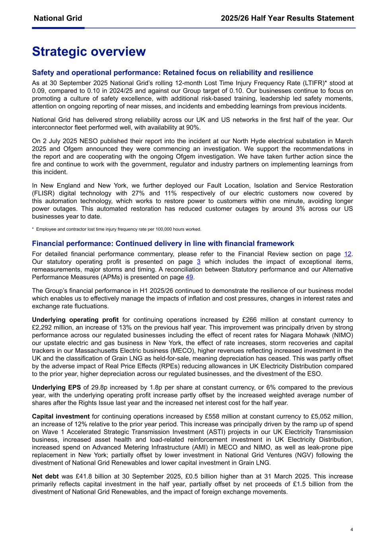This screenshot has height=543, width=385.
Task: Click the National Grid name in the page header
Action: tap(58, 18)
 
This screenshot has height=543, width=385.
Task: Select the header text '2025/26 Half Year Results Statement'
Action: tap(287, 18)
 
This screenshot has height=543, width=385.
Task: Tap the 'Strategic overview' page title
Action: tap(89, 52)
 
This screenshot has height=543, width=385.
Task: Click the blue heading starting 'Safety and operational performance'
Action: tap(172, 72)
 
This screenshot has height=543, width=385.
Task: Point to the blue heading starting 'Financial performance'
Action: tap(163, 243)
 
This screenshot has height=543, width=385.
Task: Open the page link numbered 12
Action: tap(348, 254)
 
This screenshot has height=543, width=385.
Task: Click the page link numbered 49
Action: tap(189, 277)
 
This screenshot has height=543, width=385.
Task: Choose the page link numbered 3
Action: tap(198, 262)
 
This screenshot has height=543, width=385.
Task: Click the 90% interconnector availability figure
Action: tap(193, 127)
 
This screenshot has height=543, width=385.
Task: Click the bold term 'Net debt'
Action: tap(45, 477)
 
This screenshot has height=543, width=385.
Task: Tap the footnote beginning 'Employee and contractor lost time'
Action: tap(118, 229)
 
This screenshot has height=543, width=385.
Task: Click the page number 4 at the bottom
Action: tap(352, 529)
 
